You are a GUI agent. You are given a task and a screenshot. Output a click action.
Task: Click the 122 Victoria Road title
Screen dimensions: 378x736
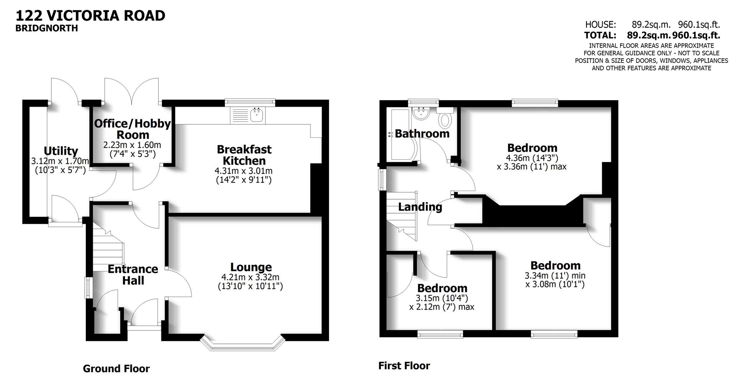pyautogui.click(x=90, y=16)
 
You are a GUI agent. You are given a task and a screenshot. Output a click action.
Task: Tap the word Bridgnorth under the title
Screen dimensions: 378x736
pyautogui.click(x=46, y=28)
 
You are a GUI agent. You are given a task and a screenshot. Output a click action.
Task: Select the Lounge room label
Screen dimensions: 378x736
pyautogui.click(x=251, y=267)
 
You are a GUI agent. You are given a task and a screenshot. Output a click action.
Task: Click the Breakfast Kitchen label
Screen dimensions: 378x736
pyautogui.click(x=244, y=155)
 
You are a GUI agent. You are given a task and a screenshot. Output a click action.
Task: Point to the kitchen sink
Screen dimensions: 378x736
pyautogui.click(x=256, y=115)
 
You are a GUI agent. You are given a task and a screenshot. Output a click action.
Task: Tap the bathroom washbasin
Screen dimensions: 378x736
pyautogui.click(x=421, y=114)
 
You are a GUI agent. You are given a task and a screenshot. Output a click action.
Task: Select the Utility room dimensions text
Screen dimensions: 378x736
pyautogui.click(x=60, y=165)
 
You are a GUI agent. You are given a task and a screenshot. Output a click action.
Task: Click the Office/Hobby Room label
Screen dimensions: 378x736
pyautogui.click(x=132, y=129)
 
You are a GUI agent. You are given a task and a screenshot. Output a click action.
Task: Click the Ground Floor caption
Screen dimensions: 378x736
pyautogui.click(x=116, y=369)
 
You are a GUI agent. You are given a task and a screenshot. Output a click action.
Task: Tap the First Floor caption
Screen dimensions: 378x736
pyautogui.click(x=404, y=366)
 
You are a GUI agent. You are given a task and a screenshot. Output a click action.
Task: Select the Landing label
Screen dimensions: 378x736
pyautogui.click(x=420, y=207)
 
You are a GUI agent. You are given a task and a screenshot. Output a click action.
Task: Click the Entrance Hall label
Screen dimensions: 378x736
pyautogui.click(x=133, y=274)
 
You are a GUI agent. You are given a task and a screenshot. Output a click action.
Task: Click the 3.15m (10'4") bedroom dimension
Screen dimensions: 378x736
pyautogui.click(x=442, y=298)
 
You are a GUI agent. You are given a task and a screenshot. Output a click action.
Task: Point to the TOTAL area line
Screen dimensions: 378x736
pyautogui.click(x=652, y=35)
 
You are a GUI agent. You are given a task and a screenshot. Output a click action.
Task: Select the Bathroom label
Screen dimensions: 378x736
pyautogui.click(x=422, y=134)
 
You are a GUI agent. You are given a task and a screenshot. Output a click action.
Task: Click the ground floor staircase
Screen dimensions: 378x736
pyautogui.click(x=108, y=246)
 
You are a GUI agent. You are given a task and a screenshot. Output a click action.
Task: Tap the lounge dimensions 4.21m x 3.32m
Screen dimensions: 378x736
pyautogui.click(x=250, y=277)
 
